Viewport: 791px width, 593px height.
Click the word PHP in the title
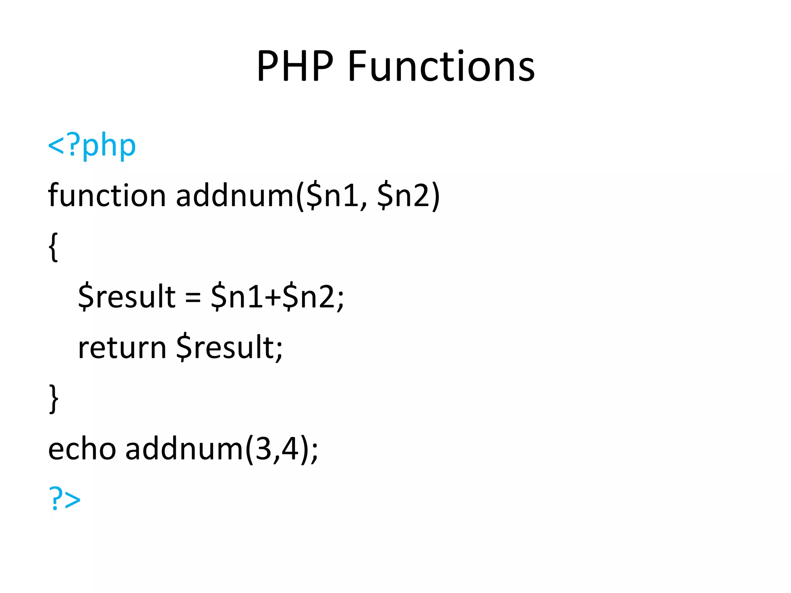[x=295, y=66]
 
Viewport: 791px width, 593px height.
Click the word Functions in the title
[x=441, y=66]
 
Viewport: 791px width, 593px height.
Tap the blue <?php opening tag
[x=92, y=146]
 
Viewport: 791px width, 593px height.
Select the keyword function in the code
[x=107, y=195]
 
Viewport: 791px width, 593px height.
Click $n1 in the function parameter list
[x=332, y=196]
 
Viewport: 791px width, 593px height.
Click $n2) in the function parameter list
[x=408, y=196]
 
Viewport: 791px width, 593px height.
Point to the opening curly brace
[x=54, y=247]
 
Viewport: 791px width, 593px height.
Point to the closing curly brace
[x=54, y=398]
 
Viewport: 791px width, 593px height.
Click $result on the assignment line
[x=127, y=296]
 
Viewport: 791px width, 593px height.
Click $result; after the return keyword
[x=229, y=347]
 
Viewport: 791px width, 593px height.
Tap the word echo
[x=82, y=449]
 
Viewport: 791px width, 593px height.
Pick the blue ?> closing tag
[x=65, y=499]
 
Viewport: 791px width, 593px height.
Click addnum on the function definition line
[x=235, y=195]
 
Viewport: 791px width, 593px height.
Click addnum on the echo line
[x=184, y=449]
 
